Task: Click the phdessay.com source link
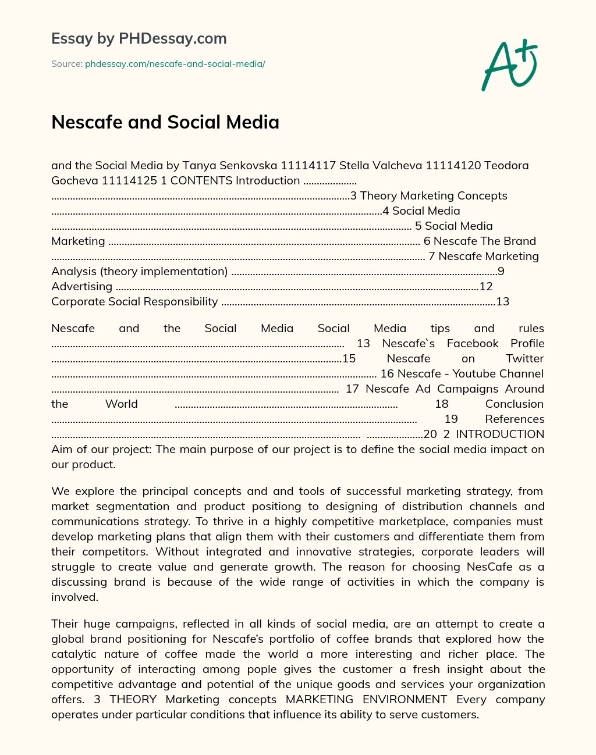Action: pyautogui.click(x=175, y=64)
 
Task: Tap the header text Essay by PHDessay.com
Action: pyautogui.click(x=139, y=38)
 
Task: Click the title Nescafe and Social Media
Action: pyautogui.click(x=165, y=122)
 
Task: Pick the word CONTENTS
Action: pyautogui.click(x=201, y=180)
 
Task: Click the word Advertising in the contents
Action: pyautogui.click(x=81, y=286)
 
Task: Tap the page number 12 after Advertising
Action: pyautogui.click(x=486, y=286)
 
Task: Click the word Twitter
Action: pyautogui.click(x=524, y=358)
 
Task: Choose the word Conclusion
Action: pyautogui.click(x=514, y=404)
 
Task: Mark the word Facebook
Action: pyautogui.click(x=473, y=343)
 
